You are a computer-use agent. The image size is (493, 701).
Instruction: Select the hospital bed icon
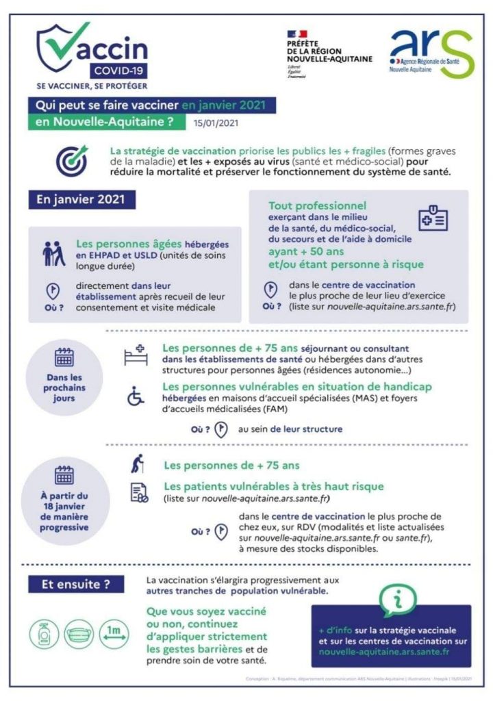coord(136,357)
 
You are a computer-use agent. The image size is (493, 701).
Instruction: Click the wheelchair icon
coord(136,396)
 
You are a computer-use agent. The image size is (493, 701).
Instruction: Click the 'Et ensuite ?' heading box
coord(76,585)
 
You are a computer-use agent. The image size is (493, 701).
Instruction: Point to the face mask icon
coord(79,635)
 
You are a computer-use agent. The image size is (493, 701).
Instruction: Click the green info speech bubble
coord(397,600)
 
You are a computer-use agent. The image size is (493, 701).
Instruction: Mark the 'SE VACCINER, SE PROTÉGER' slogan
coord(92,86)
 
